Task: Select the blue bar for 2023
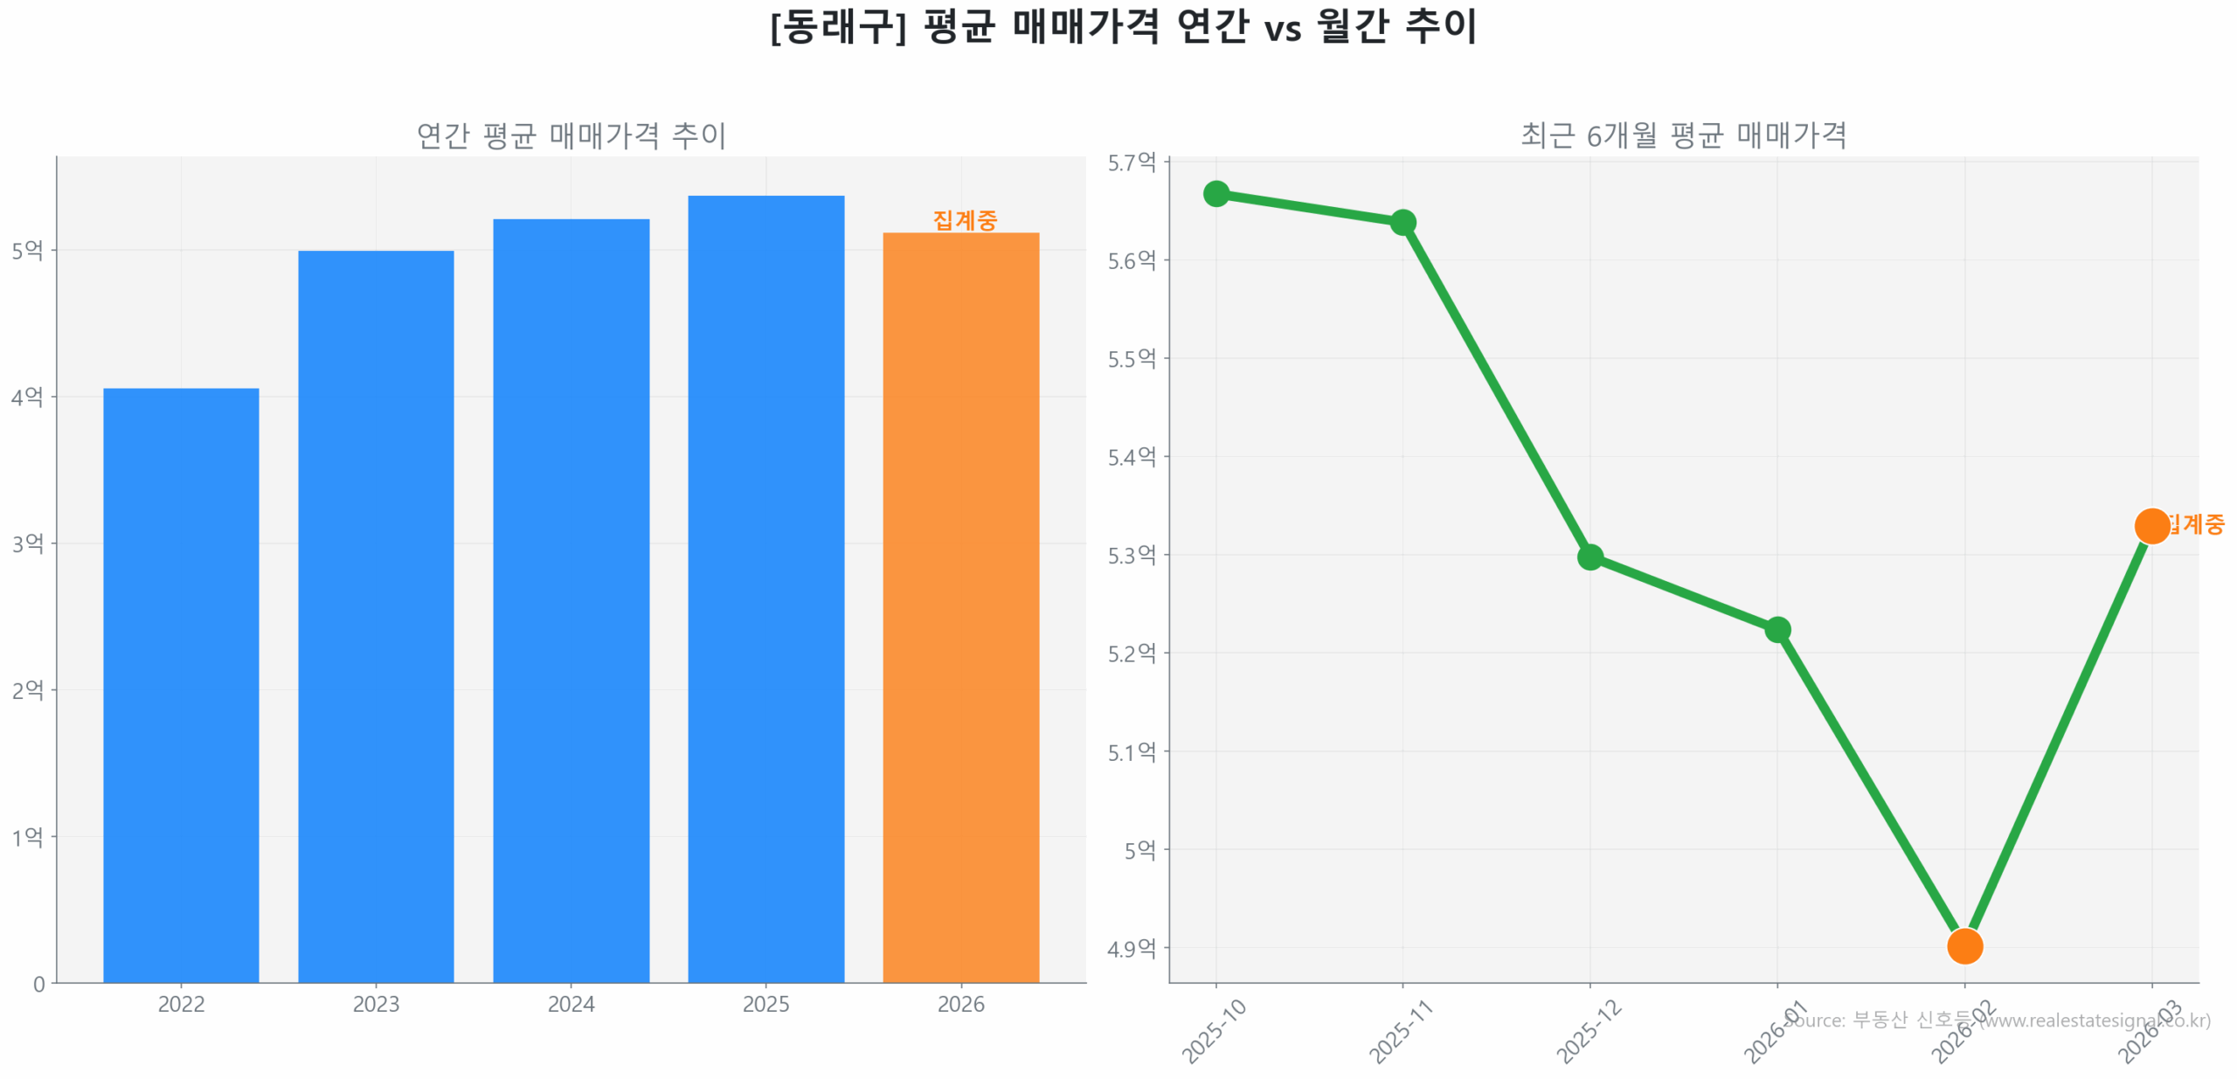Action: (376, 616)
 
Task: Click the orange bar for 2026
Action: (960, 606)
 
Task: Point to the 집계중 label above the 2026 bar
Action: (964, 219)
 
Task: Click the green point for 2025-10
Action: (1215, 193)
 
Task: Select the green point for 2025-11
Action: (1402, 222)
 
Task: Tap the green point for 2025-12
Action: (1589, 557)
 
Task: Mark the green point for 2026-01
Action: (1776, 629)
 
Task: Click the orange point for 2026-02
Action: (1963, 945)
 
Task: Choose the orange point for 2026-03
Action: (2150, 525)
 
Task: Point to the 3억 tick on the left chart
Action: (27, 543)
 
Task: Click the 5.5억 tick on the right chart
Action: (1131, 358)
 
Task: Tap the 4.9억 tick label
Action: (1131, 948)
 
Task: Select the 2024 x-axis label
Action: (571, 1004)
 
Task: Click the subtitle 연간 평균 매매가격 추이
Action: (571, 135)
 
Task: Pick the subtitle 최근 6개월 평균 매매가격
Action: (1683, 135)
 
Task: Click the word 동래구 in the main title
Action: (838, 27)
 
